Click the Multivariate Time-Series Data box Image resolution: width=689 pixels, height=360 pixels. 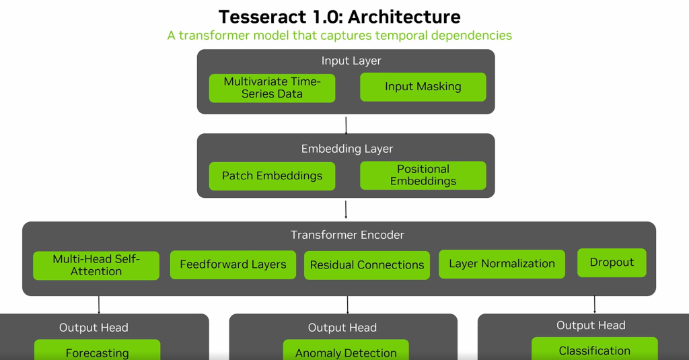click(272, 87)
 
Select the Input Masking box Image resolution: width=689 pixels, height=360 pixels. click(423, 87)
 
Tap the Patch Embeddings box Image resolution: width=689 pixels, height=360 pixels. click(272, 176)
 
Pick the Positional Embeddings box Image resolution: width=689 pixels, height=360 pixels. click(423, 175)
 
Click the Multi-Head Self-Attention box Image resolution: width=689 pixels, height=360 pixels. click(96, 265)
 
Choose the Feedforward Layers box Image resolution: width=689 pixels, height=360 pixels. click(233, 264)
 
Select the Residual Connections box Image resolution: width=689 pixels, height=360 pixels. click(367, 265)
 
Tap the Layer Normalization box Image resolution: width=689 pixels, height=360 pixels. click(502, 264)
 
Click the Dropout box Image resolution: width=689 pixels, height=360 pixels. click(612, 262)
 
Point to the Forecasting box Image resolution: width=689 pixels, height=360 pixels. click(97, 351)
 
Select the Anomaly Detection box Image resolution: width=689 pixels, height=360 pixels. click(346, 351)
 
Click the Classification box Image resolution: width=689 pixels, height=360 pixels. click(594, 350)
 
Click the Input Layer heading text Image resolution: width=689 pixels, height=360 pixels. click(351, 61)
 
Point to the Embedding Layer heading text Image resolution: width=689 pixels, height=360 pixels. click(347, 149)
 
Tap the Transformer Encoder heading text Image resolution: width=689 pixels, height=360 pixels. click(347, 235)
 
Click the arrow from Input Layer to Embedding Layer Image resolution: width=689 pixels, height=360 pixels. click(346, 126)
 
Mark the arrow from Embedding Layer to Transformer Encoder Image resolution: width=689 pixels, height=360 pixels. click(346, 209)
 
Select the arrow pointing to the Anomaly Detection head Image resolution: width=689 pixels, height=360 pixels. click(347, 305)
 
